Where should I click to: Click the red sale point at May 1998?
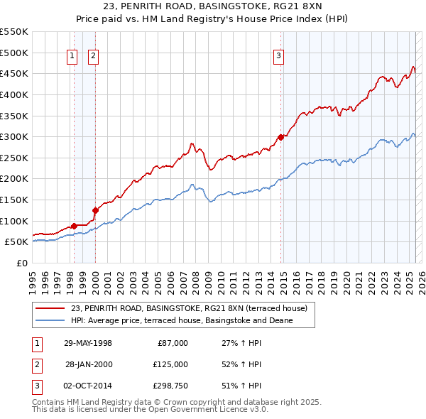74,226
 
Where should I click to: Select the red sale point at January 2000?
95,210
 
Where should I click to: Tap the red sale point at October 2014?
281,137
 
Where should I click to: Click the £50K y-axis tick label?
16,242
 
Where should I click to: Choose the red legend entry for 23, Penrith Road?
189,308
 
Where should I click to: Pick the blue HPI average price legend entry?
182,320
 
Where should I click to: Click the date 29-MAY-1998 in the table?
88,343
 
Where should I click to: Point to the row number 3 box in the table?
36,386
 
